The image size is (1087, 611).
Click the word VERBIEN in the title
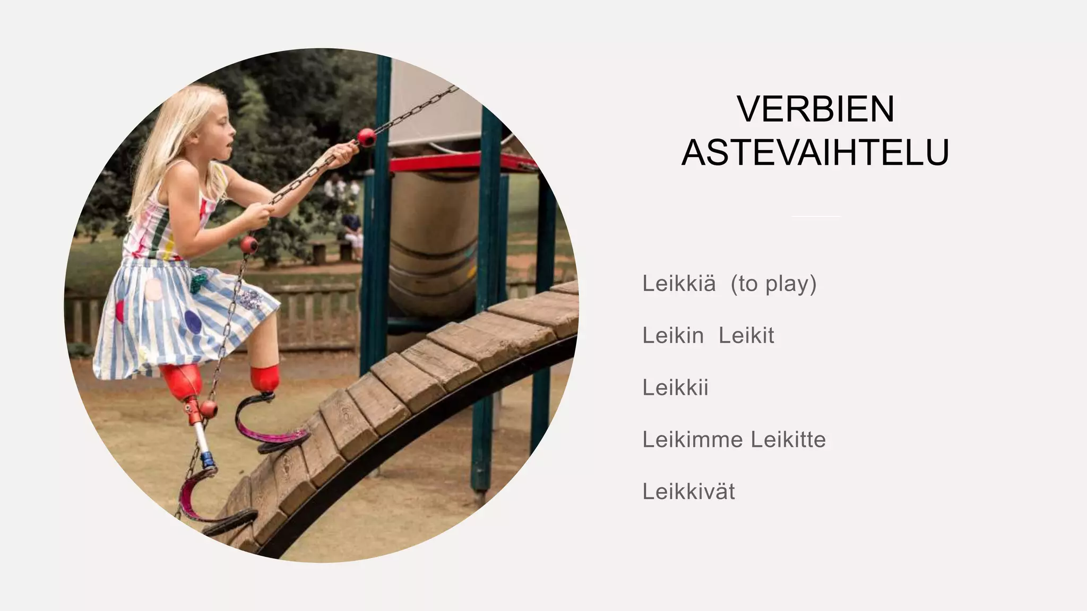[x=816, y=109]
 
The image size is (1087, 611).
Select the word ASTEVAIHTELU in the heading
[x=815, y=153]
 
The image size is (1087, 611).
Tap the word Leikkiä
[x=679, y=284]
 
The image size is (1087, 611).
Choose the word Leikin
[x=673, y=336]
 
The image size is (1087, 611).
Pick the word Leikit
[x=746, y=336]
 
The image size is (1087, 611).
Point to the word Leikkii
[x=675, y=388]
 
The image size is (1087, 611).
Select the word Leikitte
[x=788, y=440]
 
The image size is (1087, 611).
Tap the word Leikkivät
[x=688, y=492]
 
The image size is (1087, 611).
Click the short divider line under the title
[x=816, y=216]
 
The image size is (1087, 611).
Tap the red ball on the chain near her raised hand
[x=366, y=137]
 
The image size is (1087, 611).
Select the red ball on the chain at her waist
[x=249, y=245]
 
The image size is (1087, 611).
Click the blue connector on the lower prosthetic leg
[x=208, y=461]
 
